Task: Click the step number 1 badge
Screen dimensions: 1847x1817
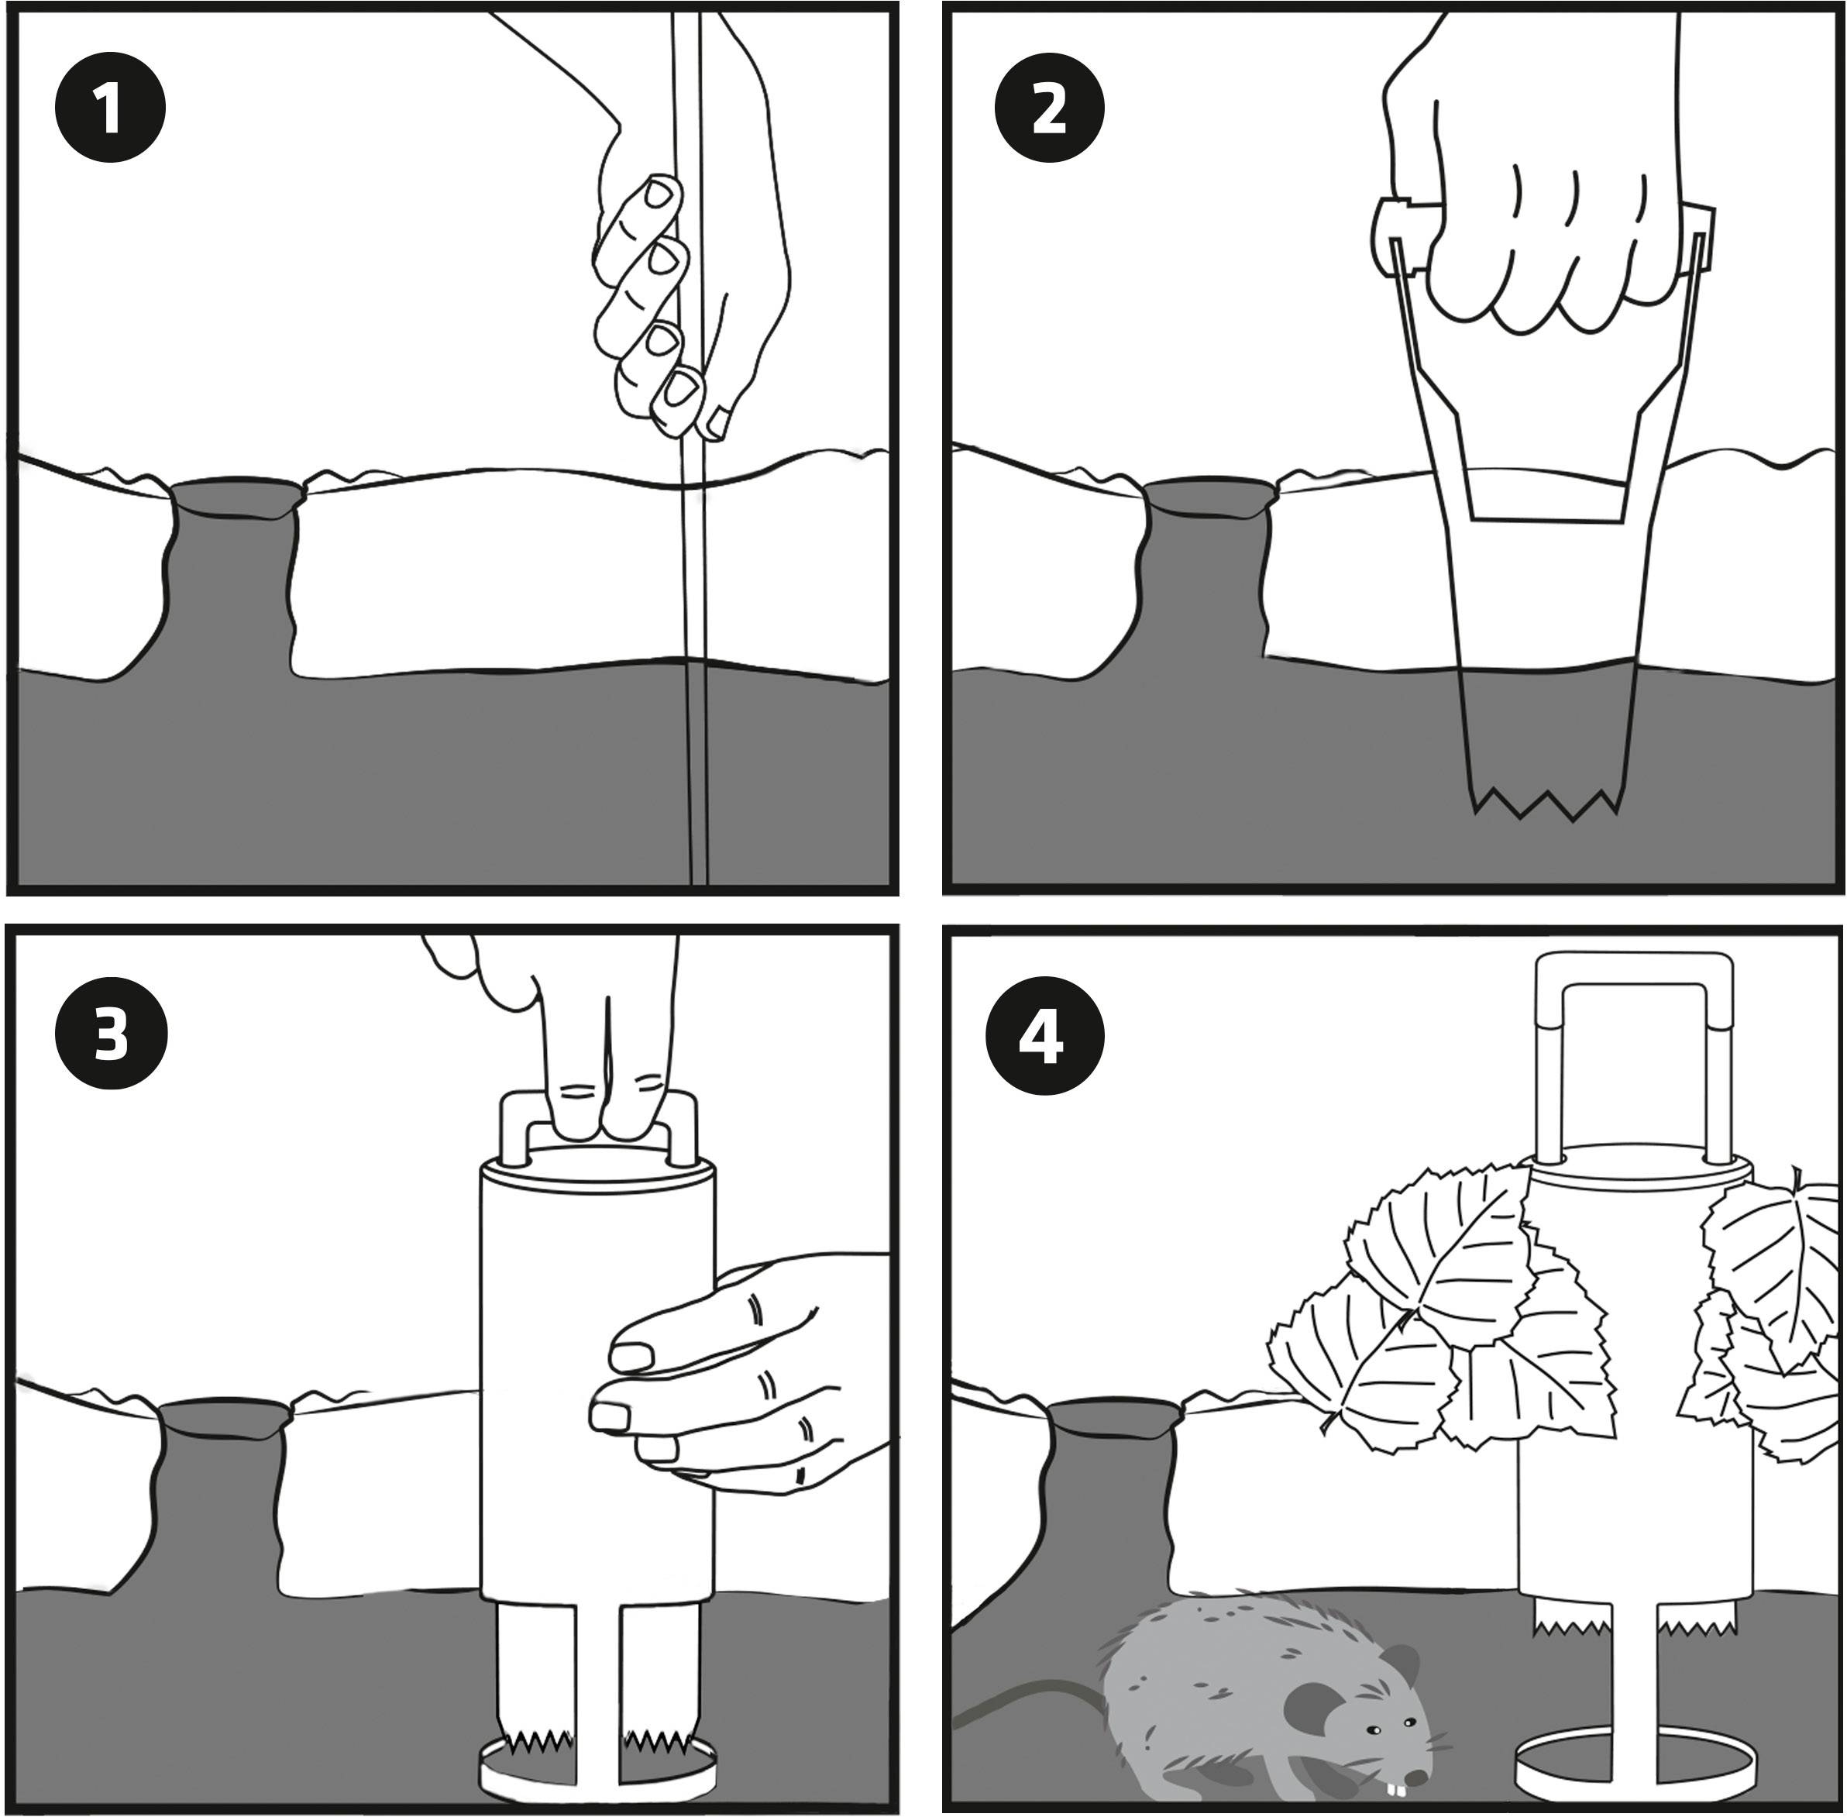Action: [110, 108]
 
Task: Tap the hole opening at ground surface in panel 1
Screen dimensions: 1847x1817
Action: [236, 496]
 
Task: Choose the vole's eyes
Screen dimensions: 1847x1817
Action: [1389, 1728]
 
